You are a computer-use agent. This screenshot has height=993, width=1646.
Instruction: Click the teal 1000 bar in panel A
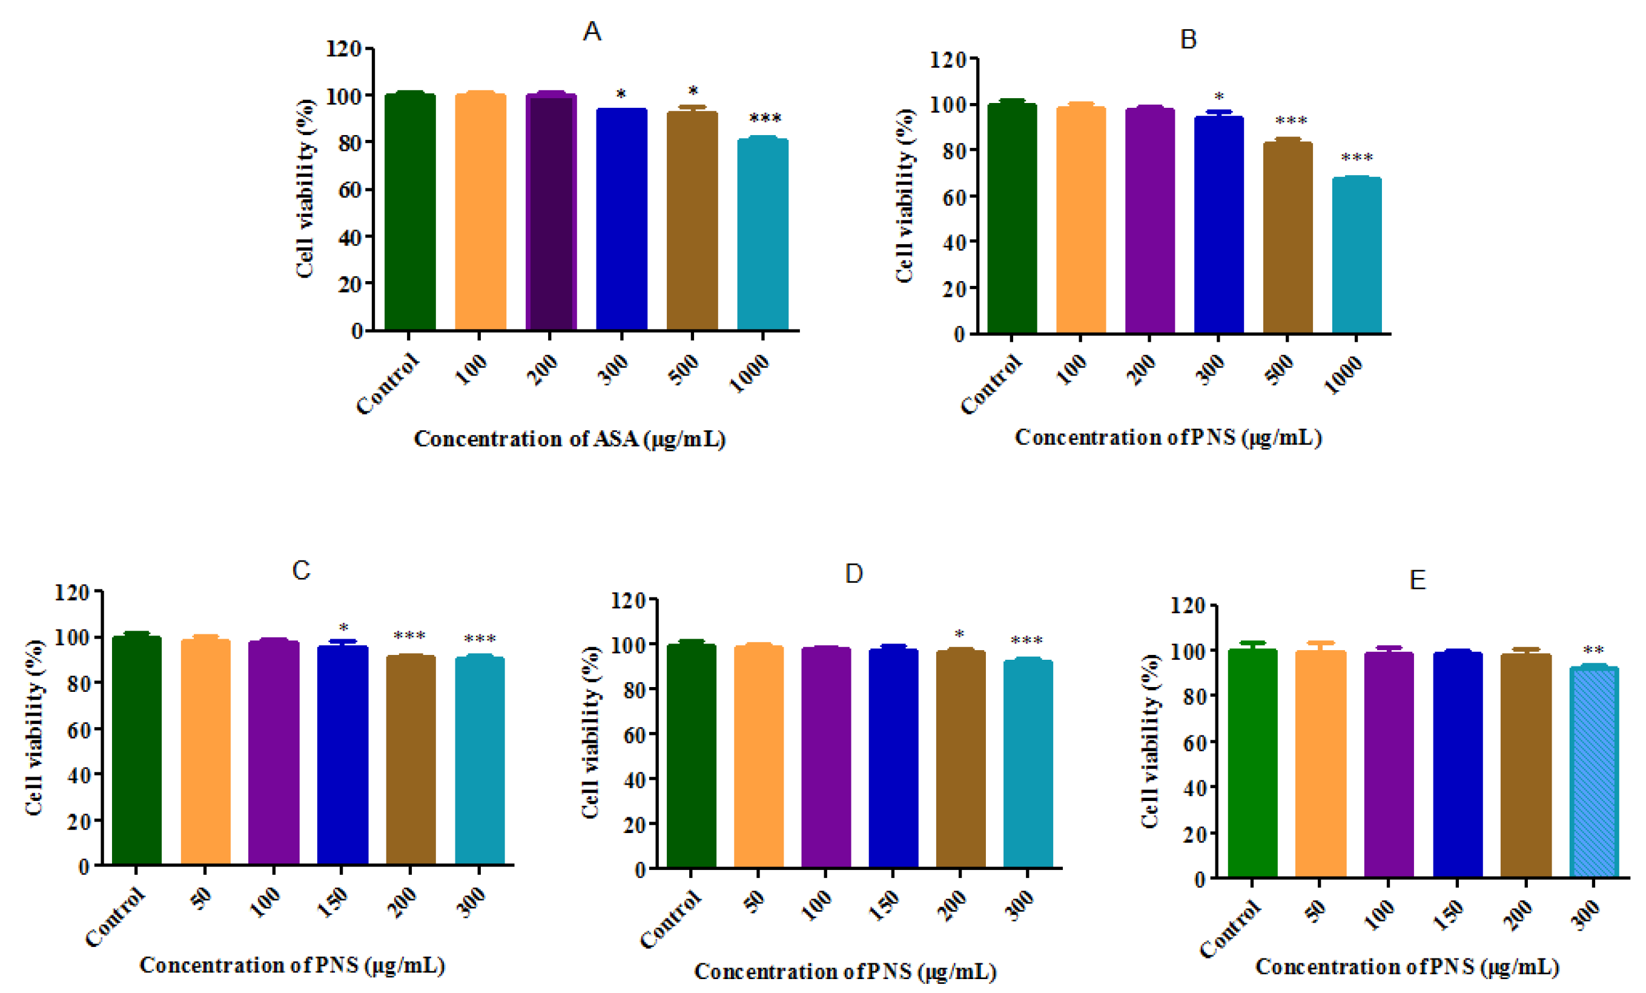(x=762, y=234)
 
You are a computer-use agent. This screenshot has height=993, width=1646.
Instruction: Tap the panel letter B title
(x=1188, y=39)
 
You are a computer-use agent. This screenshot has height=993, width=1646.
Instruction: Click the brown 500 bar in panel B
(x=1287, y=237)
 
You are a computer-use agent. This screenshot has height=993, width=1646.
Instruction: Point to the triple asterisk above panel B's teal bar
(x=1357, y=158)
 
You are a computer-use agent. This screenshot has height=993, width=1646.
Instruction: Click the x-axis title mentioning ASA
(x=569, y=439)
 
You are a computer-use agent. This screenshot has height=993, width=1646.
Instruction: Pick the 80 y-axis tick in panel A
(x=349, y=143)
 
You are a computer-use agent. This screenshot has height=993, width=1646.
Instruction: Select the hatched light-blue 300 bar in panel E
(x=1593, y=772)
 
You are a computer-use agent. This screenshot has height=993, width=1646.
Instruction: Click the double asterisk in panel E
(x=1593, y=650)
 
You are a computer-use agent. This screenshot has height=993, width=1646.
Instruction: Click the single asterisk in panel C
(x=343, y=628)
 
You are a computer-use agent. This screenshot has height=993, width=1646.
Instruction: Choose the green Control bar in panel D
(x=691, y=755)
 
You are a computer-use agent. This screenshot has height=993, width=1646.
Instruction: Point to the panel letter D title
(x=853, y=573)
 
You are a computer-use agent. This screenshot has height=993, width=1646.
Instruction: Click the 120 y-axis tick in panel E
(x=1187, y=606)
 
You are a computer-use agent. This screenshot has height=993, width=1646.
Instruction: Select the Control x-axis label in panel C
(x=115, y=917)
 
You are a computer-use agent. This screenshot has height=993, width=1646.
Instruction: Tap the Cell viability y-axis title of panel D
(x=590, y=732)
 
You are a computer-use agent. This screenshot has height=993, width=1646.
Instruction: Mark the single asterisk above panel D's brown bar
(x=959, y=634)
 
